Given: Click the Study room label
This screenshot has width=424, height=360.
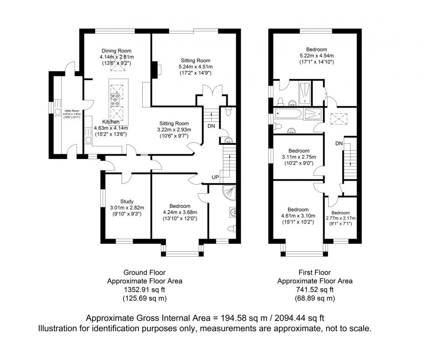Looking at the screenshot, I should [x=127, y=201].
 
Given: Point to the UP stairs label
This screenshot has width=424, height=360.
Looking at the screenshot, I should [x=215, y=177].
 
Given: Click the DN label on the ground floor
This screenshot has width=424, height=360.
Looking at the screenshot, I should [x=211, y=126].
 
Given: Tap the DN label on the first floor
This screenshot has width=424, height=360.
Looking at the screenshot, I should [x=339, y=143].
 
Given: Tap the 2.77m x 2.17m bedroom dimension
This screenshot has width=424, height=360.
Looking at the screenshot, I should [x=340, y=219].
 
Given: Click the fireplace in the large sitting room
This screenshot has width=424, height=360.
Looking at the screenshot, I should [x=155, y=69].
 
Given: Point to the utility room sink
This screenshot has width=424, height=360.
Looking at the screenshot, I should [x=58, y=112].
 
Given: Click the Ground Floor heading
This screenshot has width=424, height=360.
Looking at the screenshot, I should [x=145, y=272].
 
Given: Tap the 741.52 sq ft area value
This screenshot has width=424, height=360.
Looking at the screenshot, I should [x=315, y=290].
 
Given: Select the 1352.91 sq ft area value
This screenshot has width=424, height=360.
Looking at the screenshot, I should [x=145, y=290].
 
